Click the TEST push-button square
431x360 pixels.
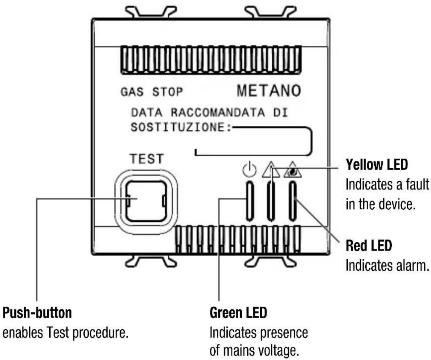tap(146, 201)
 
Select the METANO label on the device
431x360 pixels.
tap(269, 91)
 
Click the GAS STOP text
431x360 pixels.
tap(151, 92)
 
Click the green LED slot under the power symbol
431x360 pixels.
tap(250, 201)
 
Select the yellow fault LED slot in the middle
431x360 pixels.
tap(271, 201)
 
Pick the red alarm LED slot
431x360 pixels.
tap(292, 201)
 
